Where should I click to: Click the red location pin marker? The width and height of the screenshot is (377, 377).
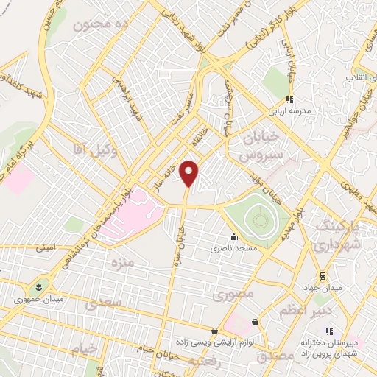click(x=189, y=173)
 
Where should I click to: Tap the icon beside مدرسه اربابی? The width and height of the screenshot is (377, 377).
click(x=289, y=99)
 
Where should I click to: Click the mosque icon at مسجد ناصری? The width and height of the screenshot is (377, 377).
click(x=233, y=237)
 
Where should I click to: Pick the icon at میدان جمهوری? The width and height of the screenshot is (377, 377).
click(x=38, y=285)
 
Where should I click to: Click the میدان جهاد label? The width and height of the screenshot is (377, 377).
click(x=317, y=286)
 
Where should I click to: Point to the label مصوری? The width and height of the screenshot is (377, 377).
click(x=233, y=295)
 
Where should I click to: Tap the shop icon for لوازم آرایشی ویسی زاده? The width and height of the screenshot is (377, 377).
click(x=214, y=331)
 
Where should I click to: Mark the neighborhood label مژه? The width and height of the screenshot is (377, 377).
click(x=121, y=262)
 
